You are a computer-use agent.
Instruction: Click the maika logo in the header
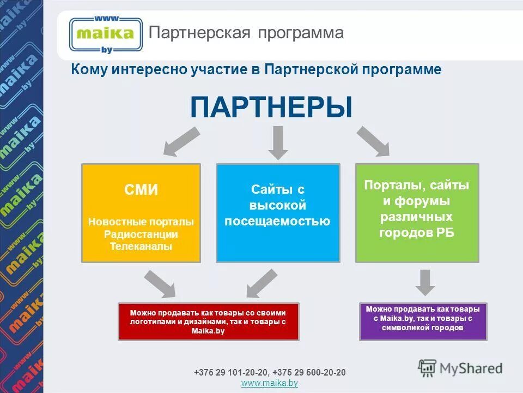[106, 34]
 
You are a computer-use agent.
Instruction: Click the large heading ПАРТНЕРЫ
[271, 106]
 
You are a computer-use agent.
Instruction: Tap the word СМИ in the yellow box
[141, 190]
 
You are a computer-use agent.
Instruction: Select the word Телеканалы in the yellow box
[141, 246]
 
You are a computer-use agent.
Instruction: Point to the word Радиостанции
[141, 234]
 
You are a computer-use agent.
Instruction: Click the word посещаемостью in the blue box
[278, 221]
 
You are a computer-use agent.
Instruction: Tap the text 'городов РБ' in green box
[417, 232]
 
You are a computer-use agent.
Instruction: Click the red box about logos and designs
[209, 321]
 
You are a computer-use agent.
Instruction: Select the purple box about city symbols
[423, 321]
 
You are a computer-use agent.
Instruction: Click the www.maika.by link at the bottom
[269, 383]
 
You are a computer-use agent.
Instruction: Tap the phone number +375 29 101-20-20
[231, 372]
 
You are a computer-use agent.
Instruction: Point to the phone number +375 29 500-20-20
[309, 372]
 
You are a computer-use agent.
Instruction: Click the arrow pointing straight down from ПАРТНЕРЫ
[278, 142]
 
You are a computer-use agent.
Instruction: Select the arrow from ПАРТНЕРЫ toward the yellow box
[181, 140]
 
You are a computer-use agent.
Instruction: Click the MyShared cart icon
[428, 368]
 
